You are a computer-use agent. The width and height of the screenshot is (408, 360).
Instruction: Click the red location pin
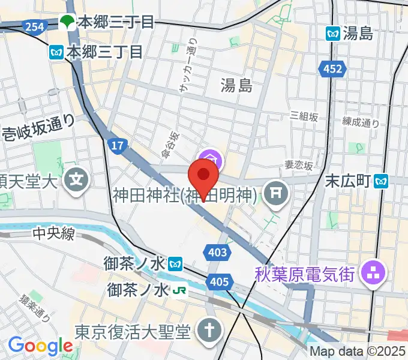click(203, 176)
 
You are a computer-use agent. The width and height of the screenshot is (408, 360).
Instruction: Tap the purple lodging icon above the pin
click(212, 160)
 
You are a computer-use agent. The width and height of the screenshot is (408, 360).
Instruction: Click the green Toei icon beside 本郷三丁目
click(67, 23)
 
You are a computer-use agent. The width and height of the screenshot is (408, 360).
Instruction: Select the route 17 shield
click(117, 145)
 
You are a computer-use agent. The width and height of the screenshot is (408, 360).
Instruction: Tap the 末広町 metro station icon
click(381, 180)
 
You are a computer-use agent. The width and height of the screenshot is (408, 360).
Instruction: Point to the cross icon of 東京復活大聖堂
click(209, 331)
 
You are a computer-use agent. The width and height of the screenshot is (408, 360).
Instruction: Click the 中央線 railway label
click(53, 233)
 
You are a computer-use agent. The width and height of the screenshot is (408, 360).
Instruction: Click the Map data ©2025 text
click(357, 352)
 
